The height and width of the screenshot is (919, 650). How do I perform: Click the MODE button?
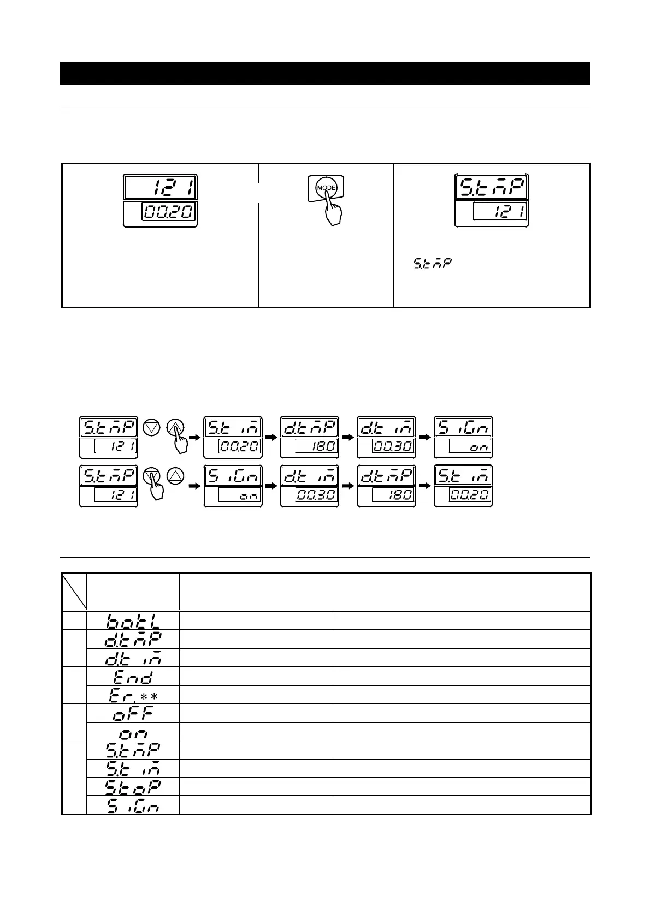pos(326,187)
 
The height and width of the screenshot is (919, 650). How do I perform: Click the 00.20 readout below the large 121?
pos(169,212)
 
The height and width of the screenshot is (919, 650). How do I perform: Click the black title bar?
pos(324,73)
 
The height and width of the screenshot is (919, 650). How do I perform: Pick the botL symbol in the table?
pos(133,621)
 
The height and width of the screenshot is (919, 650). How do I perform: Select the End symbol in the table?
pos(132,677)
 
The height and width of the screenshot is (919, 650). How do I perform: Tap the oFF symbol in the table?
pos(133,713)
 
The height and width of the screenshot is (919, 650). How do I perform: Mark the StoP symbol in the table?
pos(133,786)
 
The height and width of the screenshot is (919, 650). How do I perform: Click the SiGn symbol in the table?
pos(133,805)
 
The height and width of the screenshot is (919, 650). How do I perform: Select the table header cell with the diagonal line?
pos(74,592)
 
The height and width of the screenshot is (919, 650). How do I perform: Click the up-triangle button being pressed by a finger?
pos(175,428)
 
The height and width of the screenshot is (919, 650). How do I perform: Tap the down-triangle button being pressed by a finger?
pos(151,476)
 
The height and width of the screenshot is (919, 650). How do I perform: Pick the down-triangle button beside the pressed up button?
pos(151,428)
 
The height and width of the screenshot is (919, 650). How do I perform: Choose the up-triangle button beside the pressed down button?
pos(175,476)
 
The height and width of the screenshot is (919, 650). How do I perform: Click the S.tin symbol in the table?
pos(133,768)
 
